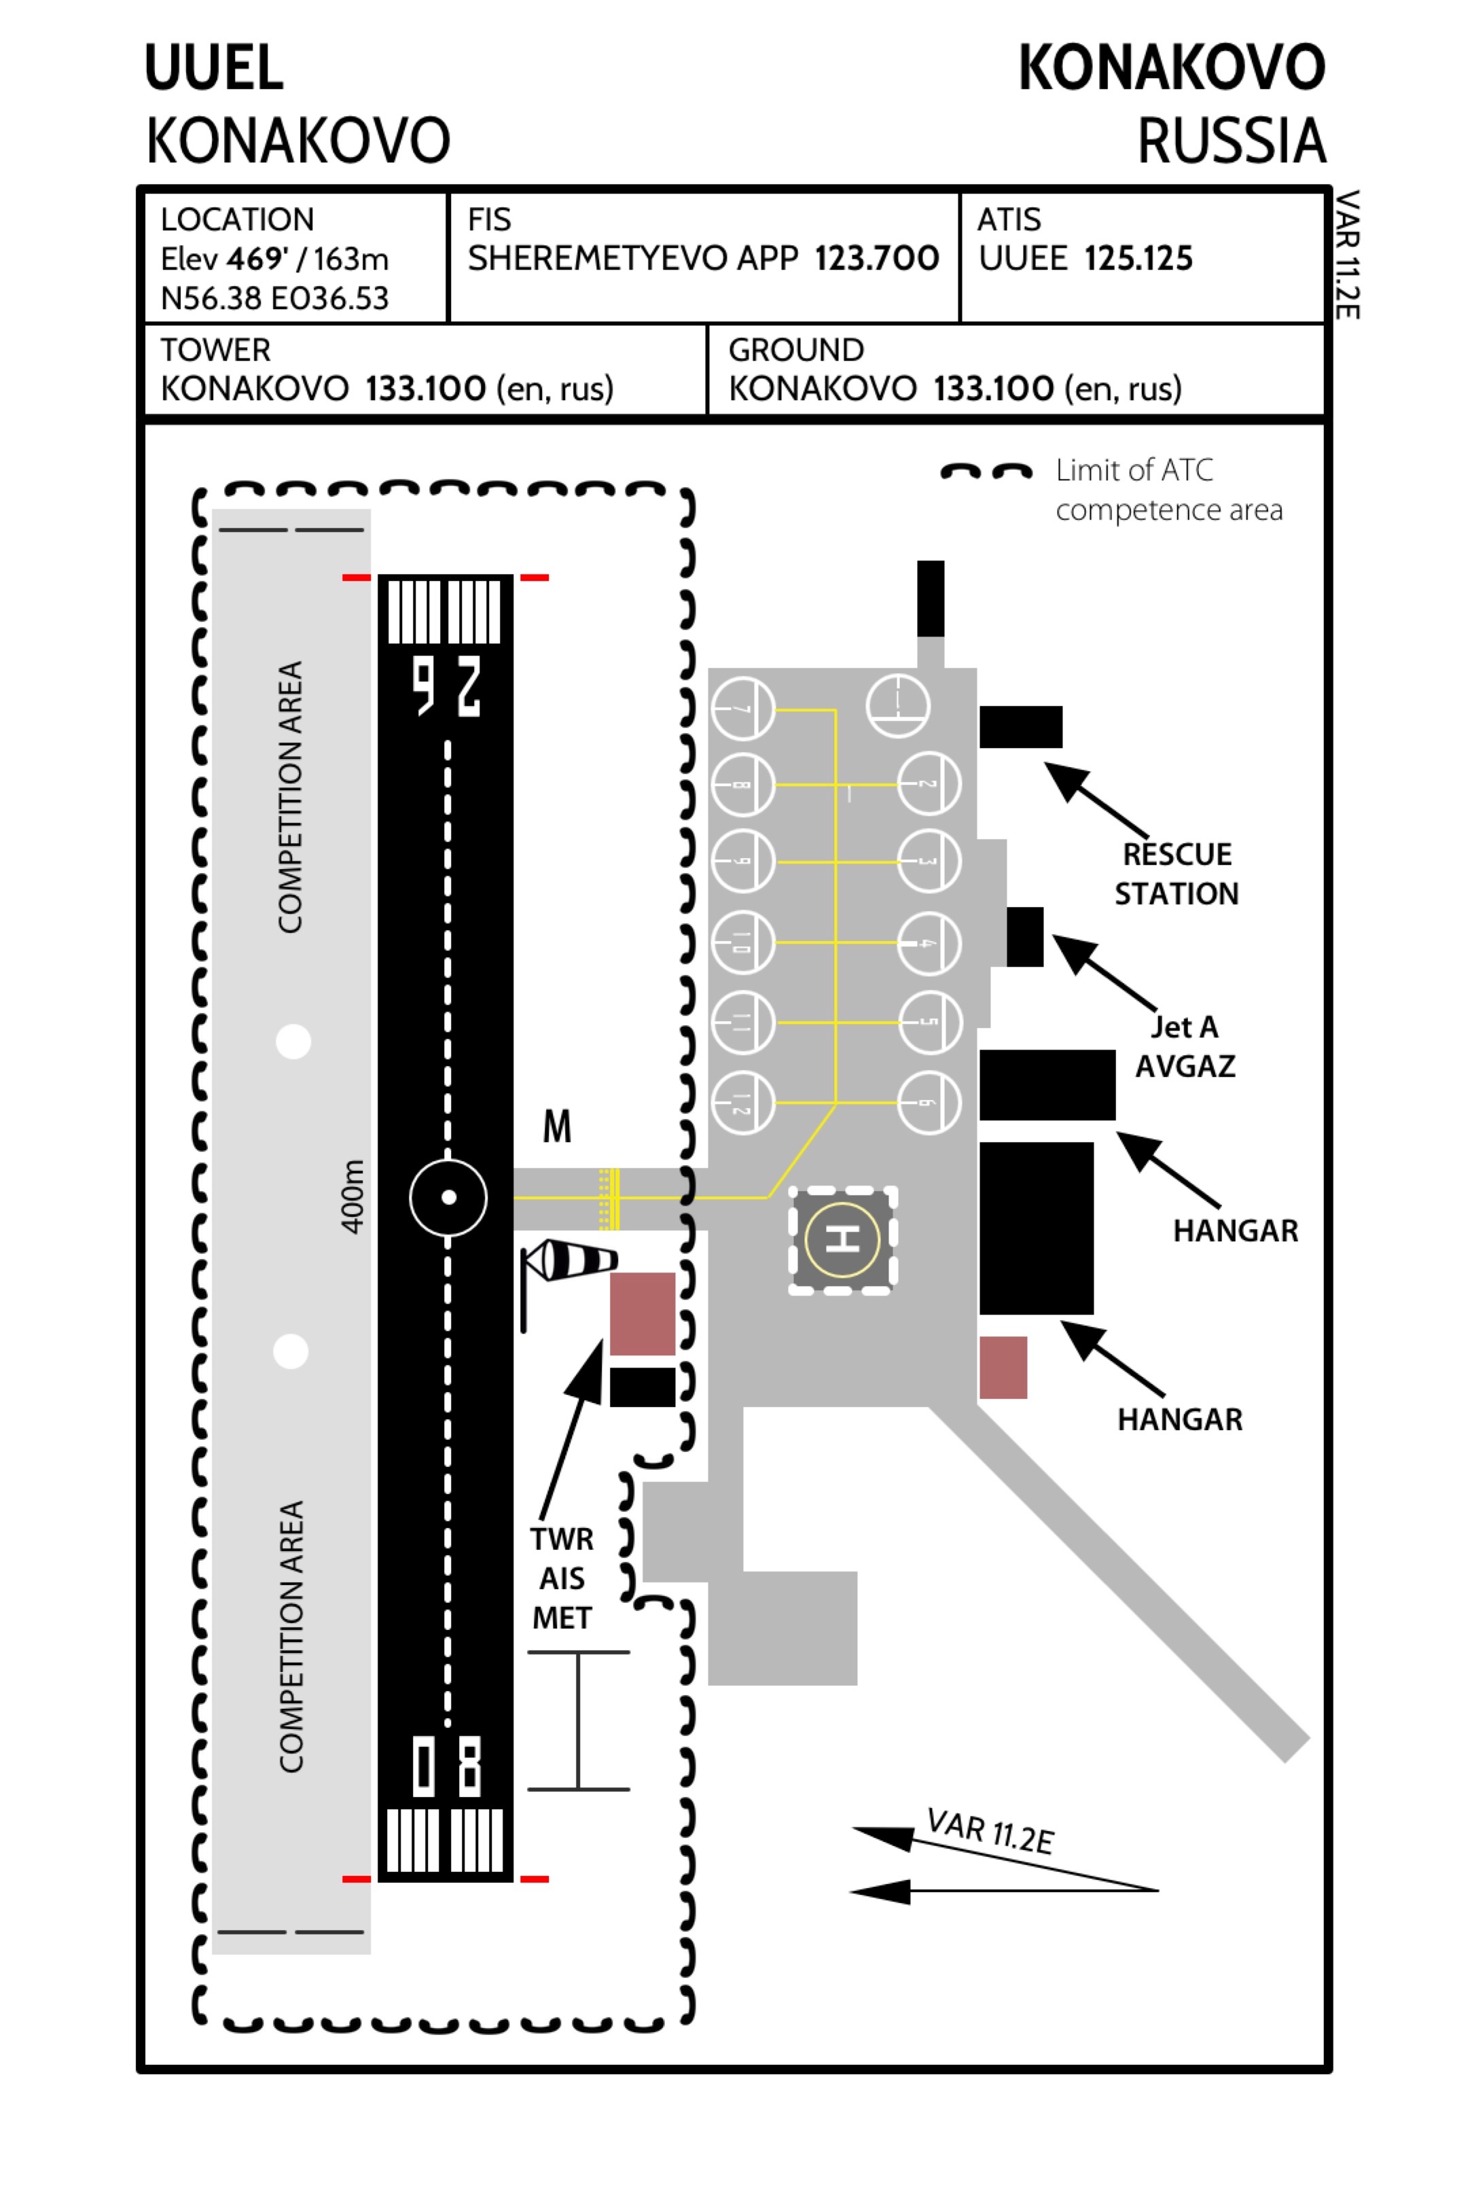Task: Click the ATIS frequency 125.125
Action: [1138, 259]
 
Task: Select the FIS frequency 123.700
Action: [876, 259]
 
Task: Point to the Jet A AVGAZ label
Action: [1185, 1046]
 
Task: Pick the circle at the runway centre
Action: [448, 1197]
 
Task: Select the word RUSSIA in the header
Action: [1231, 141]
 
